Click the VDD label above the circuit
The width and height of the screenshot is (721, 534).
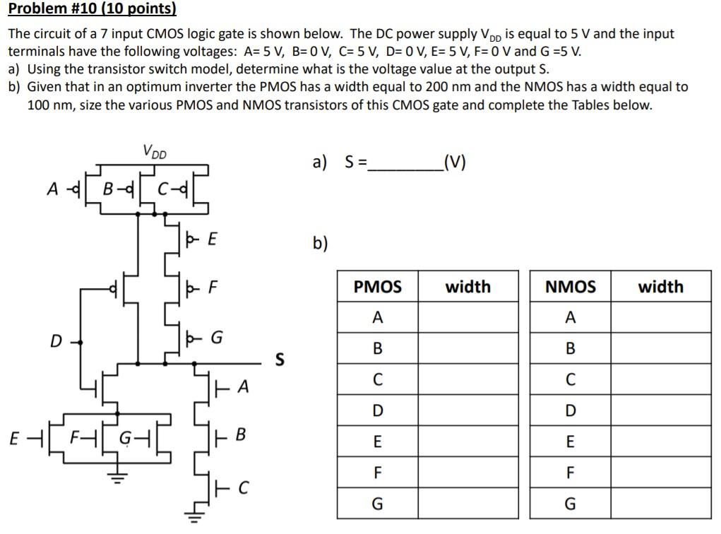click(155, 150)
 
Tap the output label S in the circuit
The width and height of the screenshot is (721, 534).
click(279, 360)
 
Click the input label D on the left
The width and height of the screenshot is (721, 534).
click(55, 342)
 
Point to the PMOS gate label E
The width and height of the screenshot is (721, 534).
click(211, 239)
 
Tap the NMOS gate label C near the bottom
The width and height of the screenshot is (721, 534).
click(243, 487)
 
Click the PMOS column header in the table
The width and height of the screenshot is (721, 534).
click(377, 287)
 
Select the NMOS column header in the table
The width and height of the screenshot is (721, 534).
click(570, 287)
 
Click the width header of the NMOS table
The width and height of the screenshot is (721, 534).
click(660, 287)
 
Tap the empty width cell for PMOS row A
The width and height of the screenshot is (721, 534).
click(467, 318)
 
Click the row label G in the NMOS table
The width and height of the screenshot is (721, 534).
click(570, 504)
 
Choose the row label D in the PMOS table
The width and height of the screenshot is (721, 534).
click(377, 411)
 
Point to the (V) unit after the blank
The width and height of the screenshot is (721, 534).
click(453, 162)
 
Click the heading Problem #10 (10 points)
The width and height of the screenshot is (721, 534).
click(92, 9)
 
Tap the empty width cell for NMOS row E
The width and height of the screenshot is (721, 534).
click(660, 442)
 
